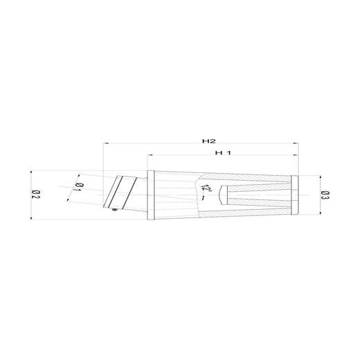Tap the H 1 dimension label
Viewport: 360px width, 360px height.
pyautogui.click(x=222, y=152)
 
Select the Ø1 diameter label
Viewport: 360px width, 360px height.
pyautogui.click(x=78, y=187)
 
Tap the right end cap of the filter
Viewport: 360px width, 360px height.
pyautogui.click(x=295, y=195)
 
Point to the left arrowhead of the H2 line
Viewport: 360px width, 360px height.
pyautogui.click(x=105, y=145)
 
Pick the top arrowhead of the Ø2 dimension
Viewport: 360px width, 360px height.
pyautogui.click(x=32, y=171)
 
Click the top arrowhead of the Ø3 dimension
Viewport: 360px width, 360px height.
pyautogui.click(x=321, y=179)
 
